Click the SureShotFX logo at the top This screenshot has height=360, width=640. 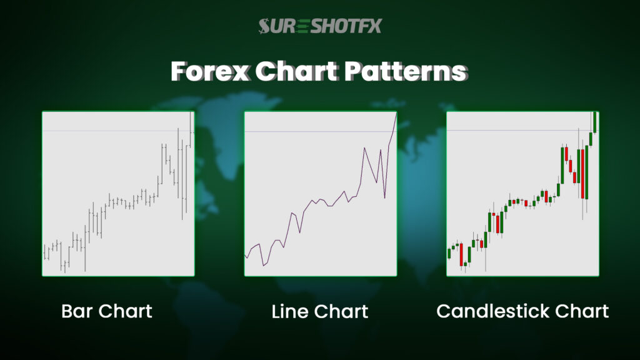(320, 26)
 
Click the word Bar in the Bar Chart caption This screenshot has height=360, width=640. (76, 311)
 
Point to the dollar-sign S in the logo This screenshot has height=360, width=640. (266, 26)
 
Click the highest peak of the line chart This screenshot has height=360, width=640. (396, 113)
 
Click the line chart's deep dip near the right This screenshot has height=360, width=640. (385, 197)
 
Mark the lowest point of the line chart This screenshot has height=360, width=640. (263, 266)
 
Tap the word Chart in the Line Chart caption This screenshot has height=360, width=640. (342, 311)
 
